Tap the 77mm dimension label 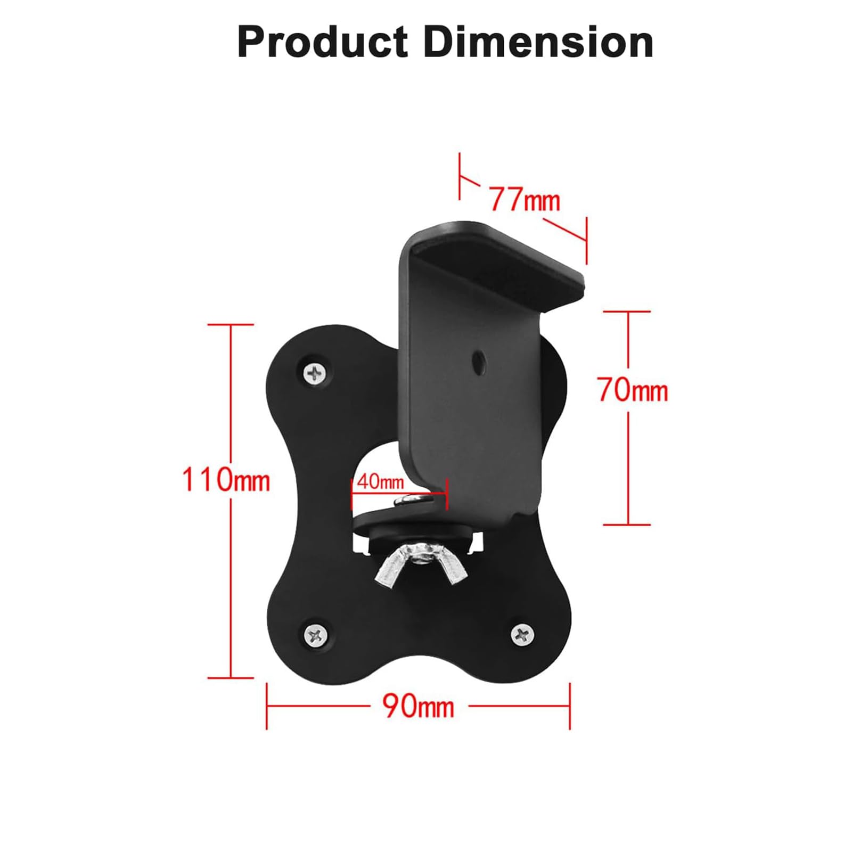tap(525, 200)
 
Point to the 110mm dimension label tap(226, 479)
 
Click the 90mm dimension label tap(419, 706)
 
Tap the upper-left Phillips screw tap(316, 372)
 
